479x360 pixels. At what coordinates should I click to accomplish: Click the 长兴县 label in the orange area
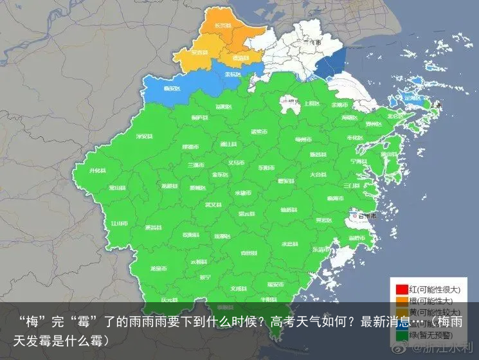(x=222, y=25)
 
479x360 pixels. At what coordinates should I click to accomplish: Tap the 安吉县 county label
(x=199, y=52)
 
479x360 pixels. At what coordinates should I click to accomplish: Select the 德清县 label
(x=239, y=58)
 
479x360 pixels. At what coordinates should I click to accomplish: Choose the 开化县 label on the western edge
(x=97, y=170)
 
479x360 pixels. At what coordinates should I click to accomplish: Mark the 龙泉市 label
(x=158, y=268)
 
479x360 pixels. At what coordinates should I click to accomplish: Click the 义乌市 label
(x=236, y=163)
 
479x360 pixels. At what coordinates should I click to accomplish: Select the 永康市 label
(x=242, y=192)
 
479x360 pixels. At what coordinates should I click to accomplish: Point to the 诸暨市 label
(x=258, y=132)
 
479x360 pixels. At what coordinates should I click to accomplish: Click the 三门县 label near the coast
(x=352, y=184)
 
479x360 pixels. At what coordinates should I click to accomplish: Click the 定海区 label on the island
(x=412, y=98)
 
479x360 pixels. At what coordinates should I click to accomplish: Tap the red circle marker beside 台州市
(x=354, y=216)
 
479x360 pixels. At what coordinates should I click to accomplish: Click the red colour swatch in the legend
(x=401, y=289)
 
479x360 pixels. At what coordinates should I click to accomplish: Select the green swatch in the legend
(x=401, y=335)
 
